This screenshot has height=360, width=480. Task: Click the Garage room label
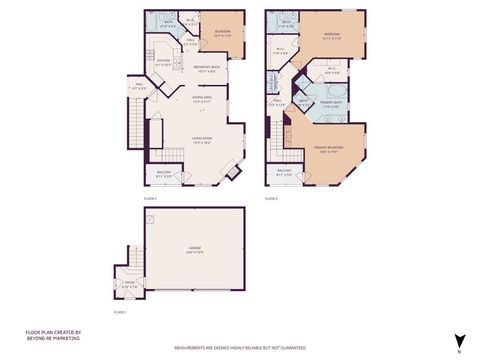[194, 251]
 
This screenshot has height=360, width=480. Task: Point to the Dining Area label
[201, 98]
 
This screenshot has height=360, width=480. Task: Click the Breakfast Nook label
[207, 67]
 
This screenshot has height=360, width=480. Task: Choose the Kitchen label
[165, 62]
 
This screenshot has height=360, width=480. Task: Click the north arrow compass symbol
[459, 342]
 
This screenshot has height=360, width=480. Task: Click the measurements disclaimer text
[240, 348]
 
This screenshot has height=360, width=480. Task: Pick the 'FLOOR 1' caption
[120, 313]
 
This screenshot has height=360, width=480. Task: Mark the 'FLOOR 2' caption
[151, 199]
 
